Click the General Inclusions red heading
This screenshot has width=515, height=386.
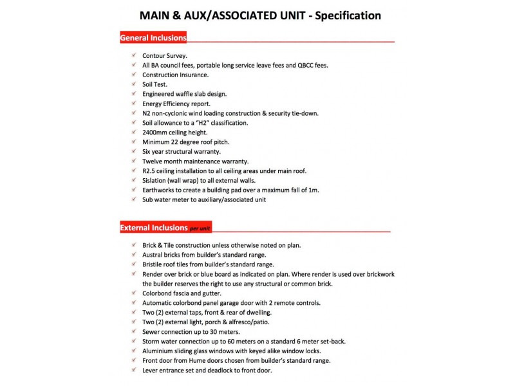153,38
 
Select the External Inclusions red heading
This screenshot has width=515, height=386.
153,228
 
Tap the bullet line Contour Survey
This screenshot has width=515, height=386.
165,56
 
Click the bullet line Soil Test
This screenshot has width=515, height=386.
155,84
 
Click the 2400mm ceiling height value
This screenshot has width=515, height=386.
156,133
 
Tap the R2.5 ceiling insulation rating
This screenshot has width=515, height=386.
149,170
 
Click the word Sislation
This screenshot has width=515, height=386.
156,180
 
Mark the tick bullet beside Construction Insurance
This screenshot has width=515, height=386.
132,75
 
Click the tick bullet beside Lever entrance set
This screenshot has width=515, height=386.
132,370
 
